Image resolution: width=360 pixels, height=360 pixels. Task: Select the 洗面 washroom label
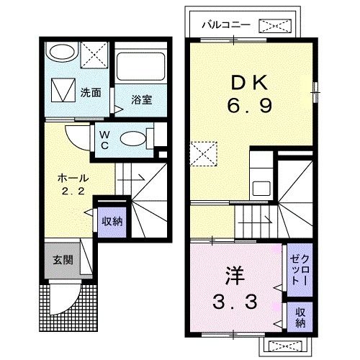[x=91, y=93]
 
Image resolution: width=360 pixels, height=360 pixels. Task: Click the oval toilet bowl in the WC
[x=131, y=138]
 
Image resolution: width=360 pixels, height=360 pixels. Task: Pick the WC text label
[x=104, y=138]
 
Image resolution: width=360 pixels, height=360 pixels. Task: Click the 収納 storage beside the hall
[x=112, y=221]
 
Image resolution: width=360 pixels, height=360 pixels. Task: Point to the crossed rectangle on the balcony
[x=276, y=26]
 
